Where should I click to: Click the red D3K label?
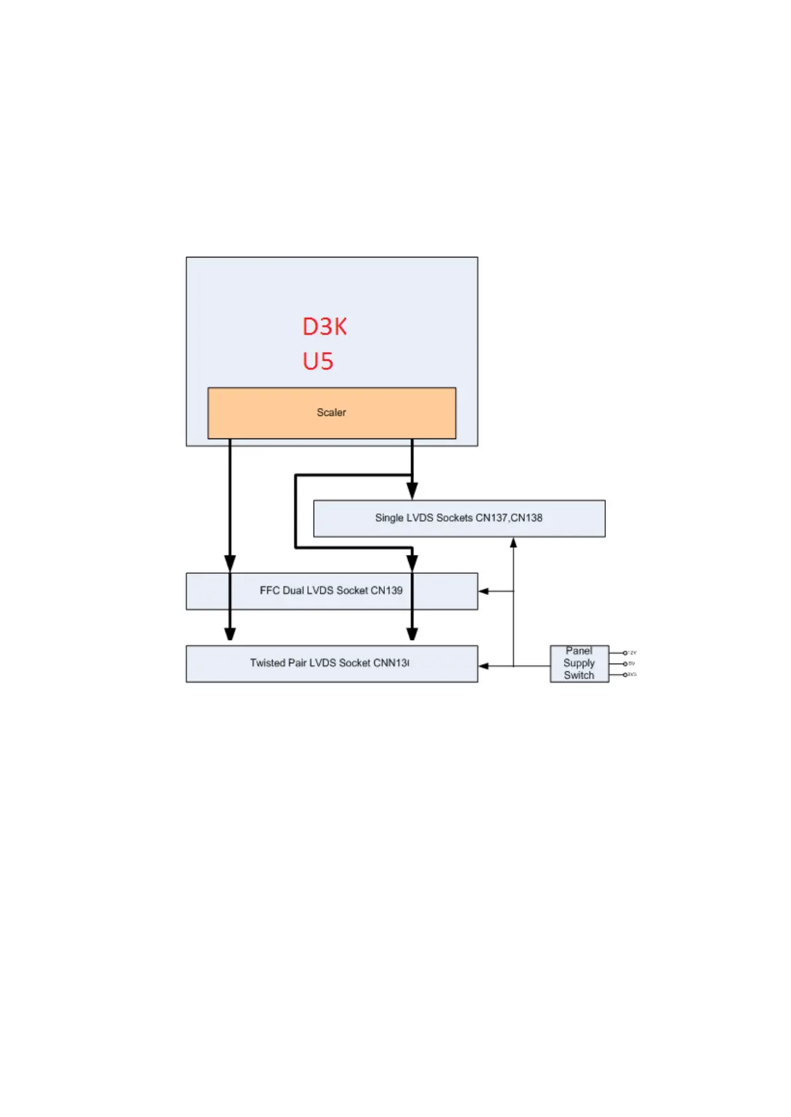[x=324, y=326]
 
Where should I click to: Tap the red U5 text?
[x=318, y=361]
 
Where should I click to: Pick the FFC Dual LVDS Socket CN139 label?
[x=330, y=590]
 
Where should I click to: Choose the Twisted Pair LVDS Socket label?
[x=329, y=663]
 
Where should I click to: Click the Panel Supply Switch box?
[x=579, y=663]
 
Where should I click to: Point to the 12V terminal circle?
[x=625, y=653]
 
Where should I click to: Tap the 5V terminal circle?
[x=625, y=663]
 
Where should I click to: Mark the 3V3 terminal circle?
[x=625, y=675]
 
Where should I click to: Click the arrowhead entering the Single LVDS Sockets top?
[x=412, y=492]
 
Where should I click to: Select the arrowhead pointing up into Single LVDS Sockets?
[x=513, y=543]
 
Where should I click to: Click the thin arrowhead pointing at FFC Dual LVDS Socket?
[x=484, y=591]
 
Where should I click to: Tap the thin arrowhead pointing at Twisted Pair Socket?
[x=484, y=666]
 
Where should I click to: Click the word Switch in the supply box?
[x=579, y=675]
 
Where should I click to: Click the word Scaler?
[x=331, y=413]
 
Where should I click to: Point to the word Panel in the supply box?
[x=579, y=651]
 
